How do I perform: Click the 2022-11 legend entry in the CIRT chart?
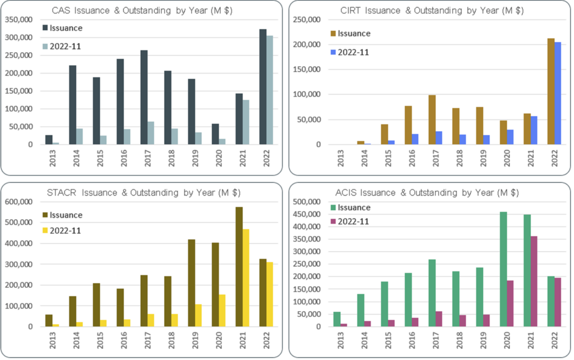tap(350, 52)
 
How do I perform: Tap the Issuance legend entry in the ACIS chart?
tap(350, 208)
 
